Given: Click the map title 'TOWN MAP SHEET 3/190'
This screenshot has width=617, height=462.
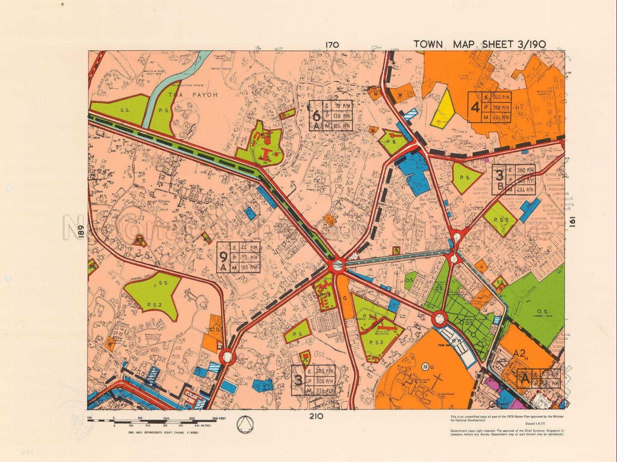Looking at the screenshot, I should (480, 44).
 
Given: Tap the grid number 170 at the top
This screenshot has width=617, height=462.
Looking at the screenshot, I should (333, 45).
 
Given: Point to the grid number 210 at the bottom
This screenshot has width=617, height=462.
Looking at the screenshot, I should (316, 417).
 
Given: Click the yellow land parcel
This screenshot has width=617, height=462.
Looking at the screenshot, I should (442, 107).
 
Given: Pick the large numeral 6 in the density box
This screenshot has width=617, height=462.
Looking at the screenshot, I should (317, 116).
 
